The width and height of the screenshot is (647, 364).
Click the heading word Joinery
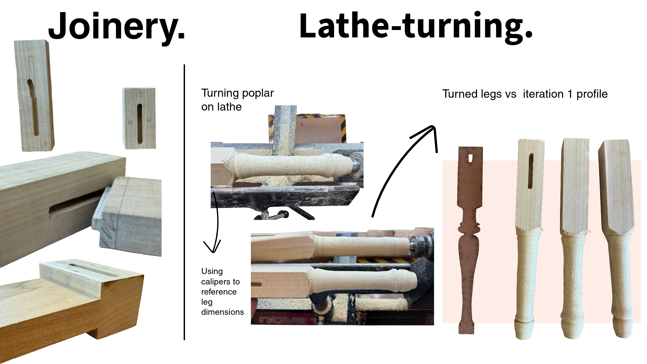117,26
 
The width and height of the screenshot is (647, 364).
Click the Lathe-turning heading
415,26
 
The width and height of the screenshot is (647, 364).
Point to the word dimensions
222,312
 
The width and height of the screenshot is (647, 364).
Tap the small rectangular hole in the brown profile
470,158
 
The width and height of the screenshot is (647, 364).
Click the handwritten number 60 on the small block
130,122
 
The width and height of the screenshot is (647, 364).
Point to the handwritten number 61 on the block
149,120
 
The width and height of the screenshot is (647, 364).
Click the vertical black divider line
184,202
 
